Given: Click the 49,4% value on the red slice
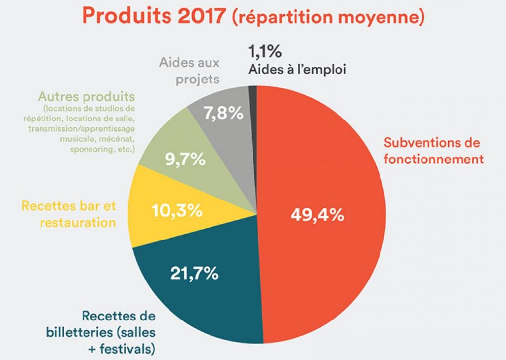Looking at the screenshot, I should pos(317,216).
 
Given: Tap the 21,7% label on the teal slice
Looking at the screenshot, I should pos(194,273).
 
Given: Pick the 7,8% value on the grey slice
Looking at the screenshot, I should pos(223,114).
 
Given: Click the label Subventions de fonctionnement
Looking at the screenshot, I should pos(432,151).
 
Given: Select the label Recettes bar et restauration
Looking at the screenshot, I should pos(68,213).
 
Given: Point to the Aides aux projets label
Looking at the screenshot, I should pos(189,71).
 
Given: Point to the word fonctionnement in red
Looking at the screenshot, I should pos(433,159).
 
